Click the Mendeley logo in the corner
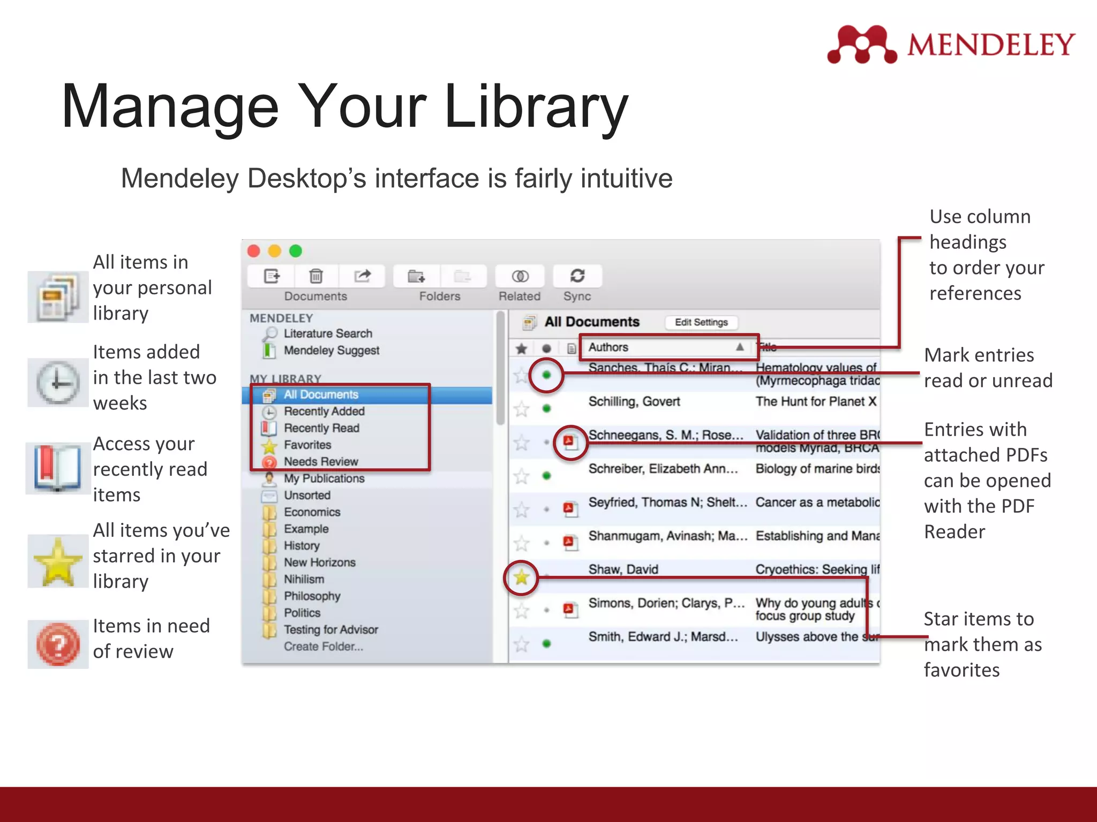click(951, 44)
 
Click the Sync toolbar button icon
click(577, 276)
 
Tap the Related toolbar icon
click(520, 276)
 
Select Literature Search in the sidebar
click(327, 333)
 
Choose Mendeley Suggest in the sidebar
click(331, 351)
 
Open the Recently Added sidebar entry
click(324, 412)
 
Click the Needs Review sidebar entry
click(320, 462)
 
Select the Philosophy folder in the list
click(312, 596)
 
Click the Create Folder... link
click(323, 646)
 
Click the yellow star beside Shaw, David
click(521, 577)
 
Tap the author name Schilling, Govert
click(634, 402)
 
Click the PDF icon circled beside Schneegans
click(569, 442)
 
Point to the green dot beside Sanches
click(546, 375)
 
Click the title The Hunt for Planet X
click(815, 402)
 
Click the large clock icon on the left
click(57, 383)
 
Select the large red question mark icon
click(58, 644)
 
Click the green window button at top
click(296, 251)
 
